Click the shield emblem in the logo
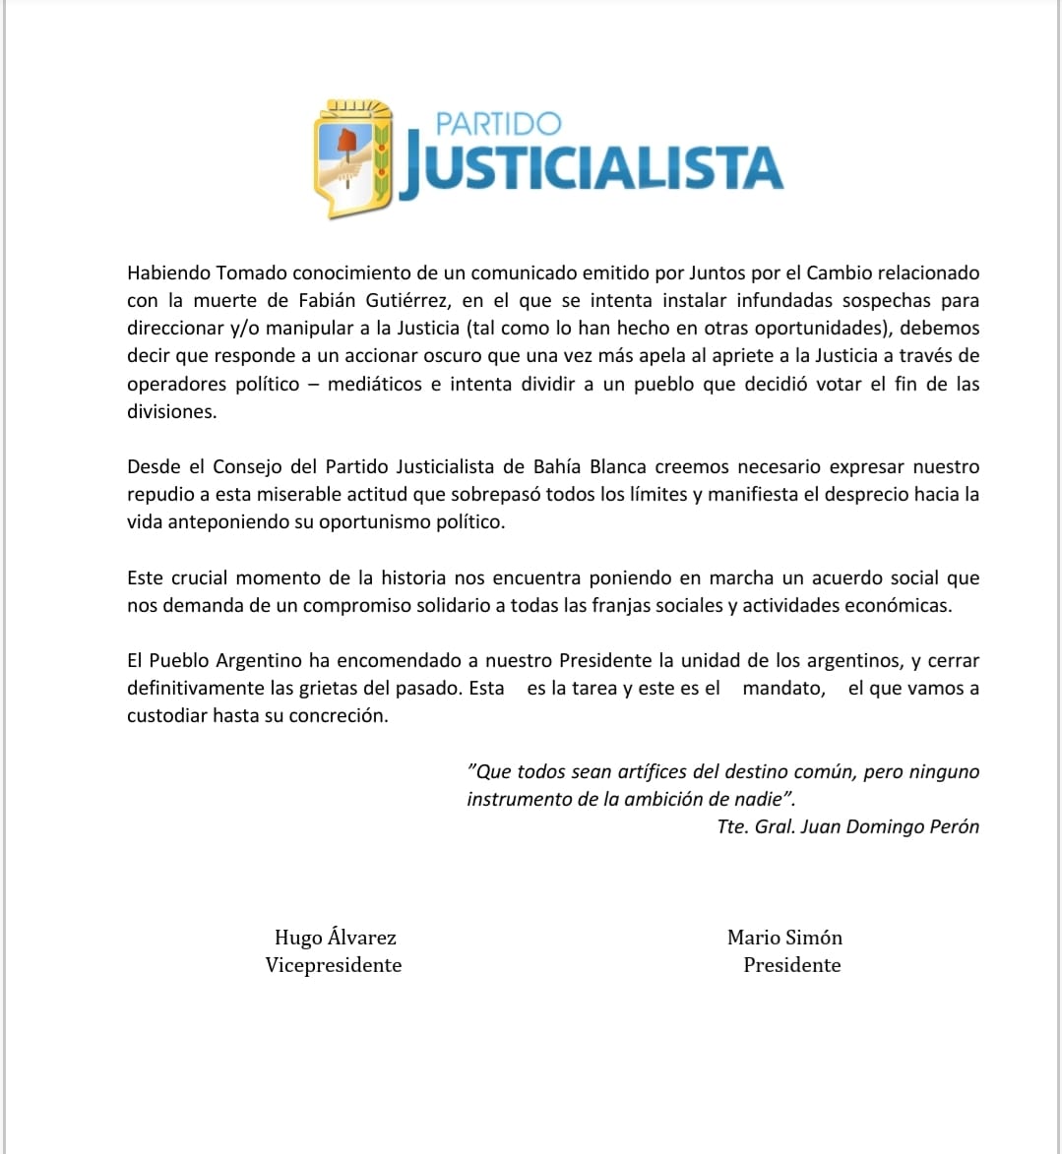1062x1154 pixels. [352, 157]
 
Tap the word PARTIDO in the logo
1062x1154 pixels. [498, 124]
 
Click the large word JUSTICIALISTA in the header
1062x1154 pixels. [591, 169]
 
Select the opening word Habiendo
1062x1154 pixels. [167, 273]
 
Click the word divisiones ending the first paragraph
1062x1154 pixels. [171, 411]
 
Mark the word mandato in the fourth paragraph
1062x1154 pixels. [783, 688]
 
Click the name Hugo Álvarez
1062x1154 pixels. [335, 938]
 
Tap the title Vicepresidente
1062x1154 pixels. [334, 965]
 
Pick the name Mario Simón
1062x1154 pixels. [784, 938]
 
